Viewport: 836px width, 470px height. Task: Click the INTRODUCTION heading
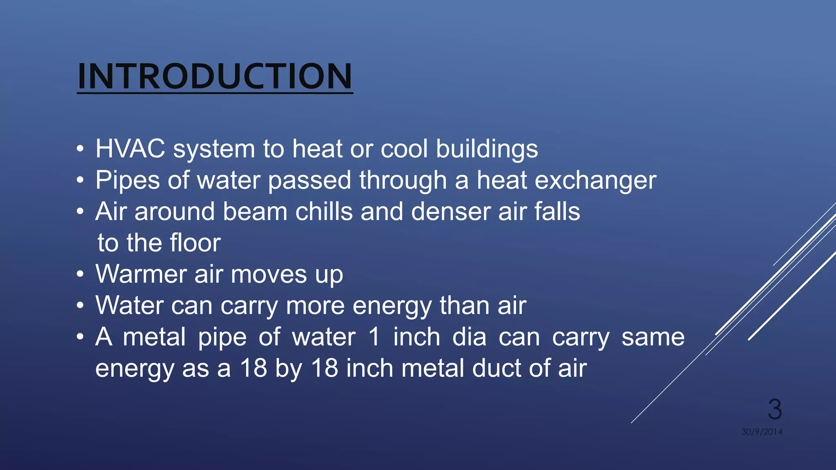(215, 77)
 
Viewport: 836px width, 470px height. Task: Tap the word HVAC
(130, 149)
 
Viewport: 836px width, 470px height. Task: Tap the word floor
(195, 243)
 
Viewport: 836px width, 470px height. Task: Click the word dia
(469, 337)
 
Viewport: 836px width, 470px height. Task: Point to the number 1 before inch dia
(374, 337)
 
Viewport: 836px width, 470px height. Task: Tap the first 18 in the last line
(253, 368)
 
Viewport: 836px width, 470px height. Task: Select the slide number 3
(774, 409)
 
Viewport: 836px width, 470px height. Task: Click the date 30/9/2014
(762, 432)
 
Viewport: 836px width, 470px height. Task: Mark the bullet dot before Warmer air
(80, 274)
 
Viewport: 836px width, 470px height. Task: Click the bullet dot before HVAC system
(80, 149)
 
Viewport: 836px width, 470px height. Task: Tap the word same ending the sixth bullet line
(653, 337)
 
